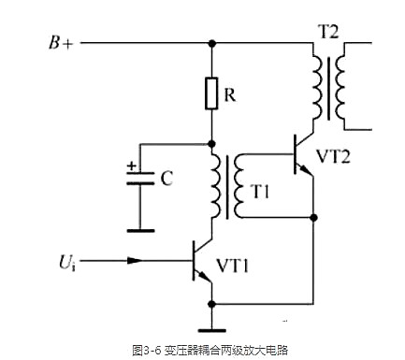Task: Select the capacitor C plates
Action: pyautogui.click(x=139, y=181)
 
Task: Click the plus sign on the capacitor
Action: pyautogui.click(x=131, y=167)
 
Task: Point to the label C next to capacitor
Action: pyautogui.click(x=166, y=180)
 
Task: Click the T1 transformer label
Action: pyautogui.click(x=260, y=192)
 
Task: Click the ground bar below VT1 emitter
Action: pyautogui.click(x=212, y=329)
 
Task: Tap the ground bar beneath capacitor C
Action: pyautogui.click(x=139, y=229)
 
